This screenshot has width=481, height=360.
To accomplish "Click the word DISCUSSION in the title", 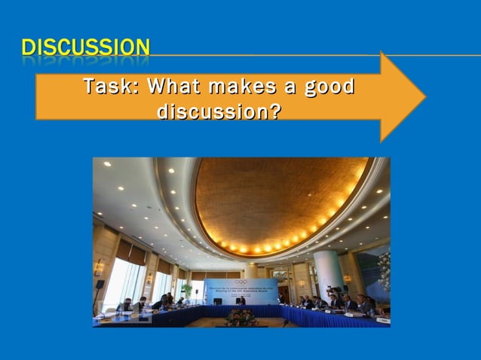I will click(85, 48).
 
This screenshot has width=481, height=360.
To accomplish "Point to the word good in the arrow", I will click(328, 87).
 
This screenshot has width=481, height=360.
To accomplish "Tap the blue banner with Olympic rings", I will click(240, 290).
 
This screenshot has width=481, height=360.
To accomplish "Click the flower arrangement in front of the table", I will click(241, 317).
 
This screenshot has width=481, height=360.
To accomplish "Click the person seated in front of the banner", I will click(240, 301).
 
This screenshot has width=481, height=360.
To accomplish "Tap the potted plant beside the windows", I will click(185, 290).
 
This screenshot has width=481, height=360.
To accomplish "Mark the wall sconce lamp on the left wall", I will click(99, 267).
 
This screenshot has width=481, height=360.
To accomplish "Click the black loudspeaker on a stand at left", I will click(100, 285).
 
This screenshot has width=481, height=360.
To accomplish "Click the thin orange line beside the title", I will click(302, 55).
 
